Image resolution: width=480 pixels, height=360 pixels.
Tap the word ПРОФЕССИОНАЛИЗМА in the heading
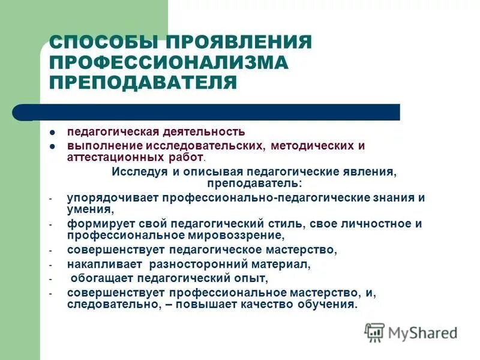pos(169,62)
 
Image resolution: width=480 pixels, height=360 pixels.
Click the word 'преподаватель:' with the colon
pos(254,182)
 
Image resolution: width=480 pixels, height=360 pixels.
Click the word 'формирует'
pos(94,223)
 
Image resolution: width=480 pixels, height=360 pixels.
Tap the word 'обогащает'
pos(101,278)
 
